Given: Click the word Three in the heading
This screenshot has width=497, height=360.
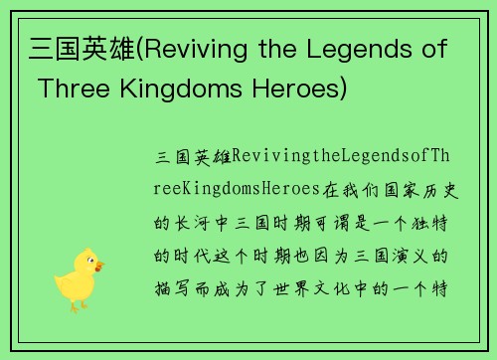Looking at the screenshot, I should [71, 89].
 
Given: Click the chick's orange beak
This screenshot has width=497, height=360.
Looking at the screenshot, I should [97, 267].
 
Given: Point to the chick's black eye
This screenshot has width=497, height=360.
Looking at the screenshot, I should [88, 261].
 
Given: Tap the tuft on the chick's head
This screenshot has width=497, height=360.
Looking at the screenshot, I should [84, 249].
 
